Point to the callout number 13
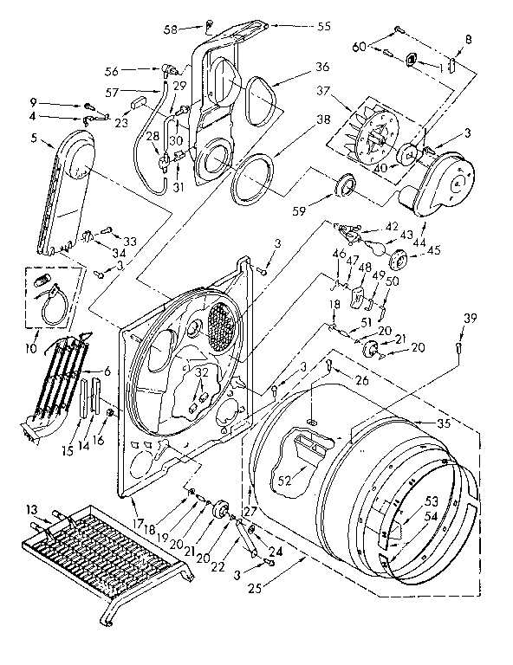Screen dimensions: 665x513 pyautogui.click(x=33, y=508)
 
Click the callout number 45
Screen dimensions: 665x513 pyautogui.click(x=434, y=251)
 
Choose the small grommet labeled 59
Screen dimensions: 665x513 pyautogui.click(x=346, y=184)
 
